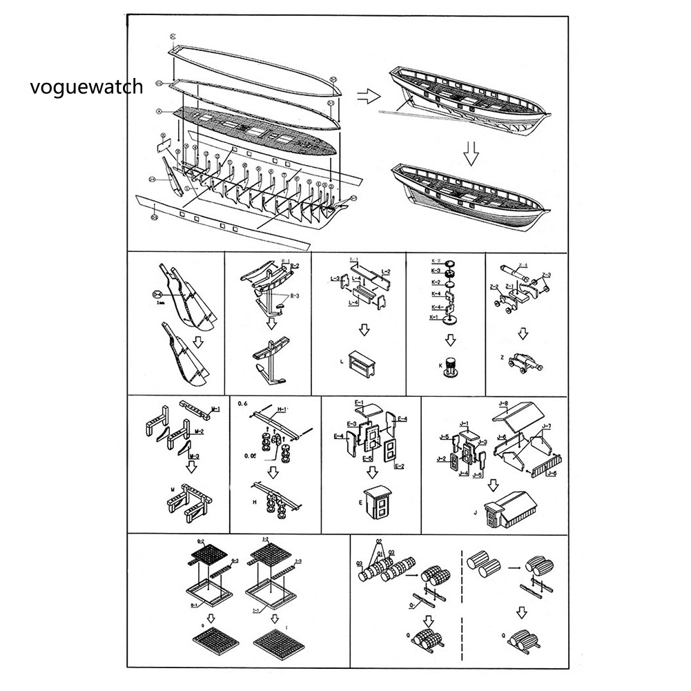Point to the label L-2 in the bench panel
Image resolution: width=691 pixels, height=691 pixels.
click(x=386, y=271)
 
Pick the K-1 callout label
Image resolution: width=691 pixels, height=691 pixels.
click(x=435, y=317)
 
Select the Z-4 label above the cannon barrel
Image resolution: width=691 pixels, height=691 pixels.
click(x=523, y=265)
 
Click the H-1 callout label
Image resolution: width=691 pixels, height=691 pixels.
click(x=282, y=409)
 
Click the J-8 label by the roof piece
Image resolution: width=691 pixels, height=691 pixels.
click(x=503, y=403)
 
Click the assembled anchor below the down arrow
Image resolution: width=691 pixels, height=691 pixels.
click(x=273, y=363)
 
